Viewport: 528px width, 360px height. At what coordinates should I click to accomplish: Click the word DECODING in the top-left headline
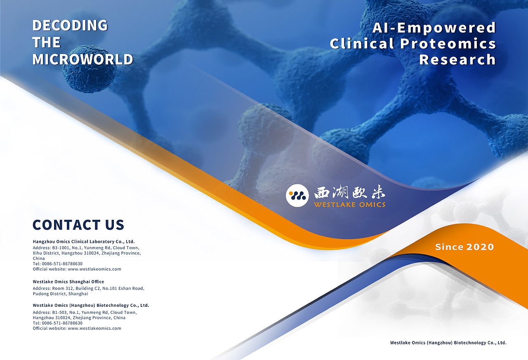click(70, 25)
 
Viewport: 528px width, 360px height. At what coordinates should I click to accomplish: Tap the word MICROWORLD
click(83, 59)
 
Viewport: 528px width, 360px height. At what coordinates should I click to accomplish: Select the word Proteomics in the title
click(448, 44)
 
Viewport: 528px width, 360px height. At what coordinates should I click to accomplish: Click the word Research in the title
click(457, 59)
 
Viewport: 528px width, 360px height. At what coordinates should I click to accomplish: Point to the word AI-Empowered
click(434, 28)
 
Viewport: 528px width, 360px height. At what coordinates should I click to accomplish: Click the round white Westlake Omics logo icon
click(297, 195)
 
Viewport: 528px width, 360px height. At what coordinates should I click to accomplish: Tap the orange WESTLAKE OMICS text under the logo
click(350, 205)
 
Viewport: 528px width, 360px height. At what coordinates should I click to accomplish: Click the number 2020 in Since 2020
click(480, 247)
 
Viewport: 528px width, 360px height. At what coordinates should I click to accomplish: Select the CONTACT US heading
click(78, 225)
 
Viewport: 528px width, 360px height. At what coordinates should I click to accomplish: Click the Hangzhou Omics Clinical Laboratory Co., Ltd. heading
click(84, 242)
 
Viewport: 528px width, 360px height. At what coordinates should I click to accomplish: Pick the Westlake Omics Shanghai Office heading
click(68, 282)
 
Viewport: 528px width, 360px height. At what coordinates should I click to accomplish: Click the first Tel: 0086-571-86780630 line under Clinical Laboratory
click(57, 264)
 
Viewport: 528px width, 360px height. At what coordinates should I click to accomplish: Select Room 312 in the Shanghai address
click(63, 288)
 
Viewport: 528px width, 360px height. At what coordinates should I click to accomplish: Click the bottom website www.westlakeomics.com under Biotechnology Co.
click(94, 328)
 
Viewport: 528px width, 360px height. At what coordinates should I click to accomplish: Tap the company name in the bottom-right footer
click(448, 343)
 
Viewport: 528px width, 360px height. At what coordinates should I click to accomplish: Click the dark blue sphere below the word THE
click(89, 69)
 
